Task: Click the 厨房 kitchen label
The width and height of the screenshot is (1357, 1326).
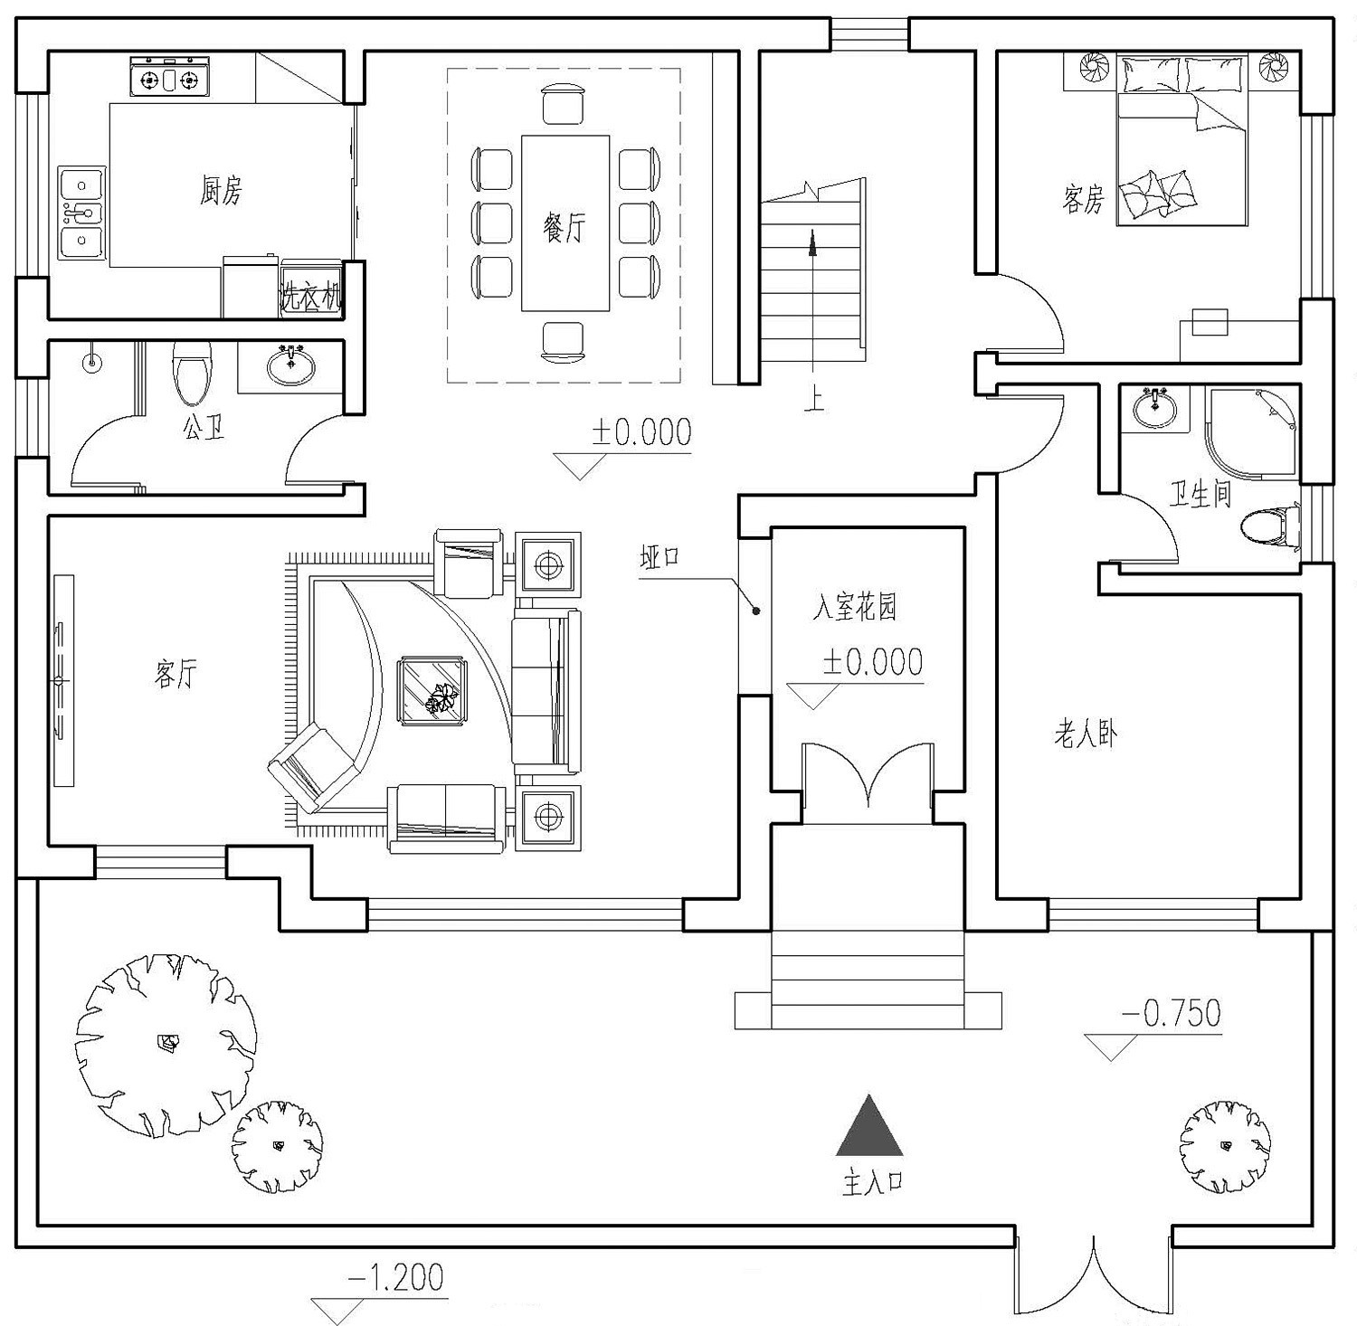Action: (x=221, y=191)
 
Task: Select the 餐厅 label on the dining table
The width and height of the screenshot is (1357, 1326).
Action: (x=564, y=227)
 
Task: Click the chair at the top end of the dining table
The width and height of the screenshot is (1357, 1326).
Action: (x=565, y=104)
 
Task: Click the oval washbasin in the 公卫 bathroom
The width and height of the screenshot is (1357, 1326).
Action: (x=291, y=365)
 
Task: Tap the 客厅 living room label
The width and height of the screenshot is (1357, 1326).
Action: (x=175, y=673)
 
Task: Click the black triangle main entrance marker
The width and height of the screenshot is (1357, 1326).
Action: (x=869, y=1127)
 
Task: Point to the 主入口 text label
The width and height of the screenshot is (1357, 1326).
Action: (x=872, y=1183)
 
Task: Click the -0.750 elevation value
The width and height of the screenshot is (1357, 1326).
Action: (x=1171, y=1013)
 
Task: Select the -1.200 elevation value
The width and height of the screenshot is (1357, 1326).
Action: (x=395, y=1278)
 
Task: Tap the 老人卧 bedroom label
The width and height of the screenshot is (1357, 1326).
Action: (x=1085, y=734)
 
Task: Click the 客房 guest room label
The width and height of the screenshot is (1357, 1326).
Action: (x=1083, y=198)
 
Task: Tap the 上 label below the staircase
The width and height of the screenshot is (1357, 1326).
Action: (x=814, y=399)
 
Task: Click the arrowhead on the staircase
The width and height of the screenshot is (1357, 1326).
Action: (x=812, y=242)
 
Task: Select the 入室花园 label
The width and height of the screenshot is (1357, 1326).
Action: (x=855, y=607)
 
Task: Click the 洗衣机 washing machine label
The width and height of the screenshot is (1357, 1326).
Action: (x=310, y=296)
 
